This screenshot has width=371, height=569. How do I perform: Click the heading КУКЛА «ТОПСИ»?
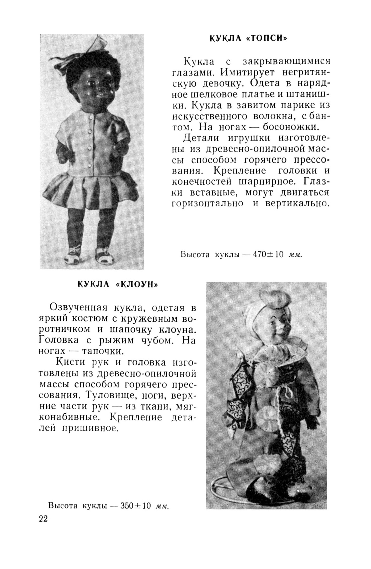(x=248, y=39)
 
